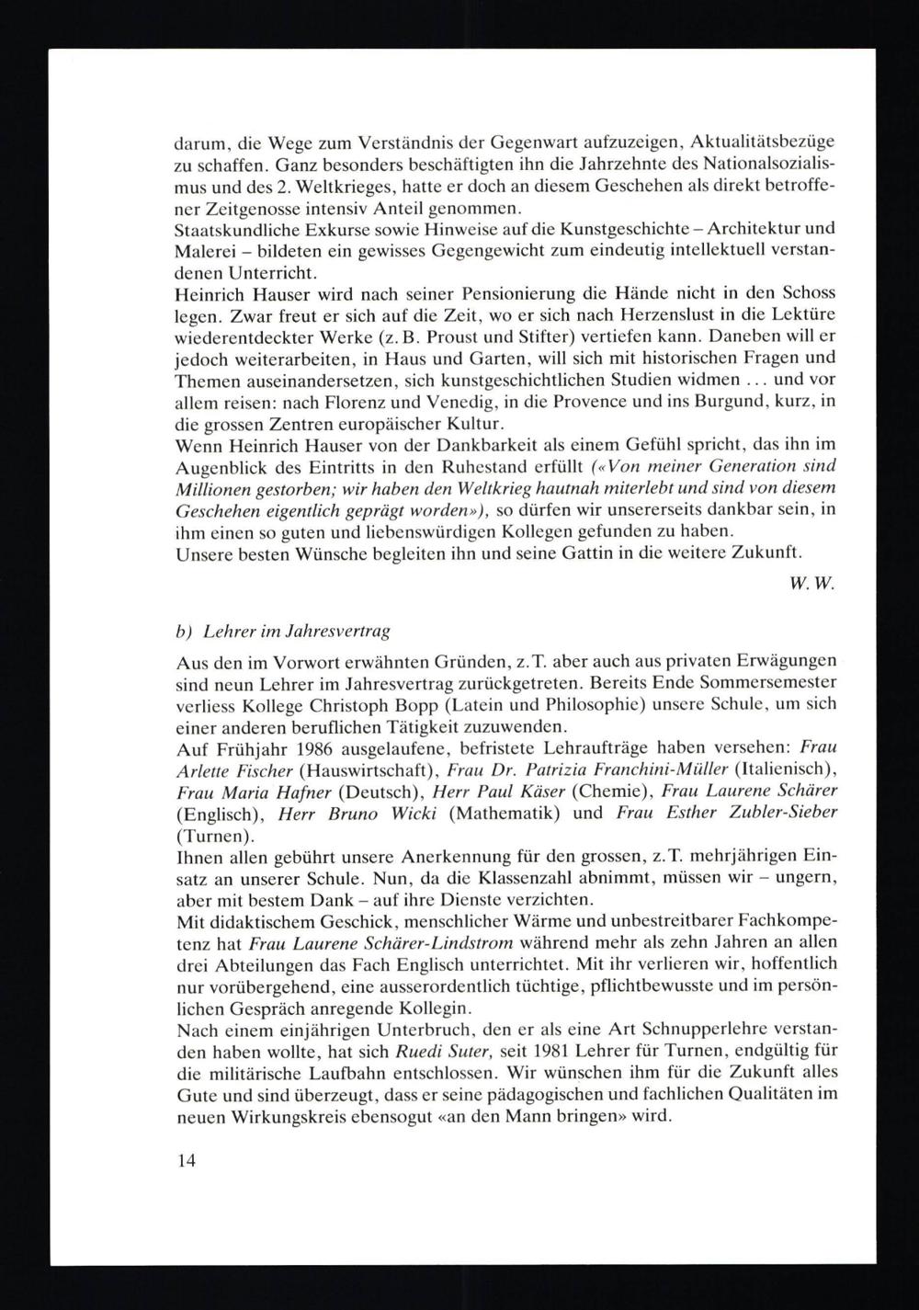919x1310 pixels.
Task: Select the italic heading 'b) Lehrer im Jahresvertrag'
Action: point(283,632)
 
